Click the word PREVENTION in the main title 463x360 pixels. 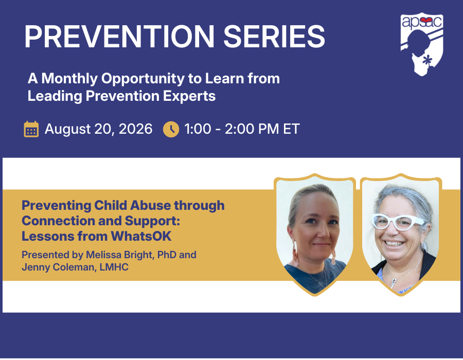coord(119,37)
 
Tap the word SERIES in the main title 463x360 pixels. coord(274,37)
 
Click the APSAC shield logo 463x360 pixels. coord(422,44)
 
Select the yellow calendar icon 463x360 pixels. coord(31,129)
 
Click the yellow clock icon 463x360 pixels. coord(171,129)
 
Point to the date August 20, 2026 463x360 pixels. coord(99,129)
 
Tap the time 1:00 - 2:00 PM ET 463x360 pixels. coord(242,129)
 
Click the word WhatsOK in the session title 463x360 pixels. coord(141,236)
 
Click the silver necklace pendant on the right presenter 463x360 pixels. coord(394,283)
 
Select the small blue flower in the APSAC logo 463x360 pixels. coord(427,60)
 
